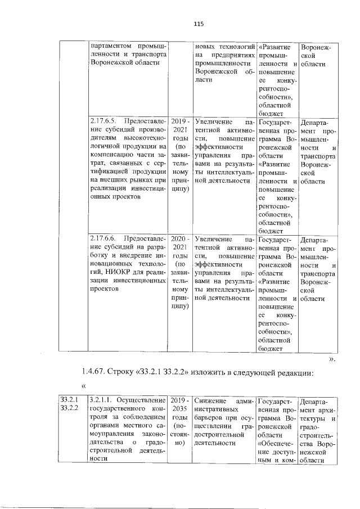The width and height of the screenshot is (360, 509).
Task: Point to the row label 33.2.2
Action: (x=70, y=409)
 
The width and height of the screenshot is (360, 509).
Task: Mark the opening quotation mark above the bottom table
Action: (x=84, y=386)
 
